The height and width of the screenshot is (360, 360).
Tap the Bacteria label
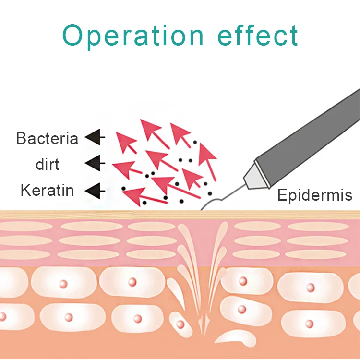pyautogui.click(x=47, y=138)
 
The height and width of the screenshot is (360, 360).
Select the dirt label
pyautogui.click(x=48, y=164)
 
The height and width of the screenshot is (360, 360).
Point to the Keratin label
pyautogui.click(x=47, y=191)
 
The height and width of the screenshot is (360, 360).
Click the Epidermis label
pyautogui.click(x=315, y=195)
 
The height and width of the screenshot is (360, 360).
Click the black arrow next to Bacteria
pyautogui.click(x=95, y=138)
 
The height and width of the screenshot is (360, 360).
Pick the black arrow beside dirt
pyautogui.click(x=95, y=164)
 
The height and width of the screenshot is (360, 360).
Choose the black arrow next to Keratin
pyautogui.click(x=95, y=191)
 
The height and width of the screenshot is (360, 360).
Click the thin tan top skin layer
pyautogui.click(x=96, y=215)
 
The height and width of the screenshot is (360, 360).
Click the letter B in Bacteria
pyautogui.click(x=21, y=138)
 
